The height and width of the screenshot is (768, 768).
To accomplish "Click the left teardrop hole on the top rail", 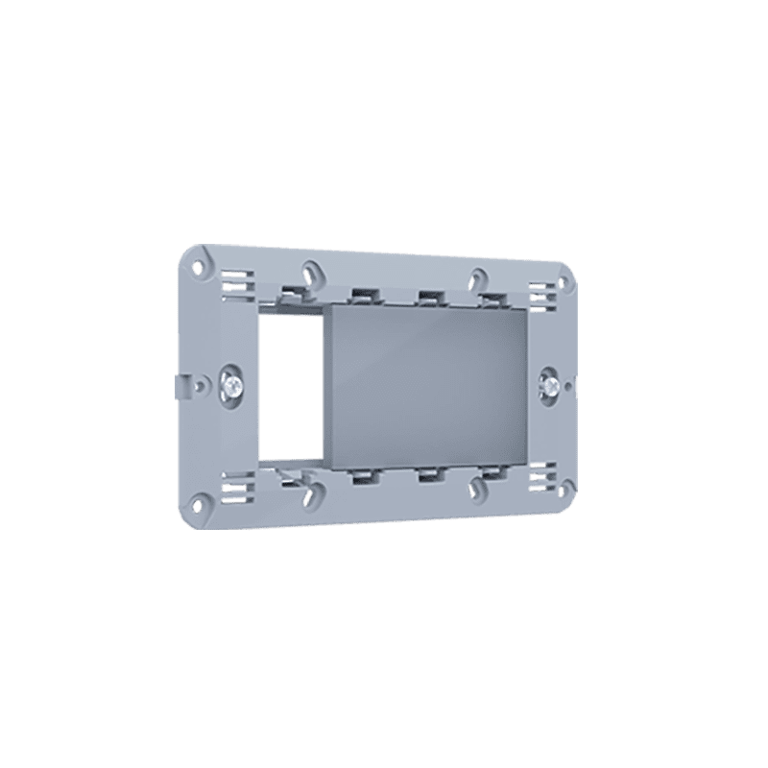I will [x=311, y=272].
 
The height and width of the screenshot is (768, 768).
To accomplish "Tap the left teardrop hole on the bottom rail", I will [x=311, y=494].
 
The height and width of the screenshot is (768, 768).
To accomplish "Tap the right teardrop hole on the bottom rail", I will [x=474, y=487].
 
